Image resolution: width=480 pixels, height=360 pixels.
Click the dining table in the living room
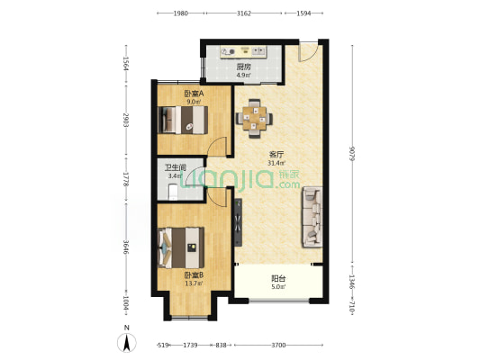point(254,119)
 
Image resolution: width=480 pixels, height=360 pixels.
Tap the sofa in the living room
point(312,217)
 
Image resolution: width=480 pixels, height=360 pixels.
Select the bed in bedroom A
point(183,120)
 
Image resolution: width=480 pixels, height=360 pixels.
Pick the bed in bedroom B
point(181,247)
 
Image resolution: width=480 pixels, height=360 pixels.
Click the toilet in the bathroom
point(173,192)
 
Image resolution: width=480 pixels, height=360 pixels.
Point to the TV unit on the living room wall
point(238,222)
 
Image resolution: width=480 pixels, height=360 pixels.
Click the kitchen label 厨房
point(243,67)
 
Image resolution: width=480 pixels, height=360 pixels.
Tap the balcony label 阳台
point(278,279)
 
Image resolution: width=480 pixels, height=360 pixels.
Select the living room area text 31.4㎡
point(276,163)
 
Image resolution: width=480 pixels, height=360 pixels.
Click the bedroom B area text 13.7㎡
point(194,283)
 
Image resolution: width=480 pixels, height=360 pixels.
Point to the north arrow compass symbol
point(127,340)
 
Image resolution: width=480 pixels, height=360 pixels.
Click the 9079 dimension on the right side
point(352,155)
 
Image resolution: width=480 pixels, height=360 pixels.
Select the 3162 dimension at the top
point(244,13)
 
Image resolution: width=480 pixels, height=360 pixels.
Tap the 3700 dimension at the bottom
point(278,345)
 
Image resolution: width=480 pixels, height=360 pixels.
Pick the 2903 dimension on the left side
point(126,121)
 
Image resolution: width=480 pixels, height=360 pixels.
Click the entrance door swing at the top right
point(308,52)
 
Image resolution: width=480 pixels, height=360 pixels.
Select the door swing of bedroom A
point(217,146)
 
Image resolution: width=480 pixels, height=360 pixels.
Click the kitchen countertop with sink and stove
point(243,51)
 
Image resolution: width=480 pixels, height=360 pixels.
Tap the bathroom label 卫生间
point(176,167)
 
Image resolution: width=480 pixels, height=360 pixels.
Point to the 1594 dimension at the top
point(303,13)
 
